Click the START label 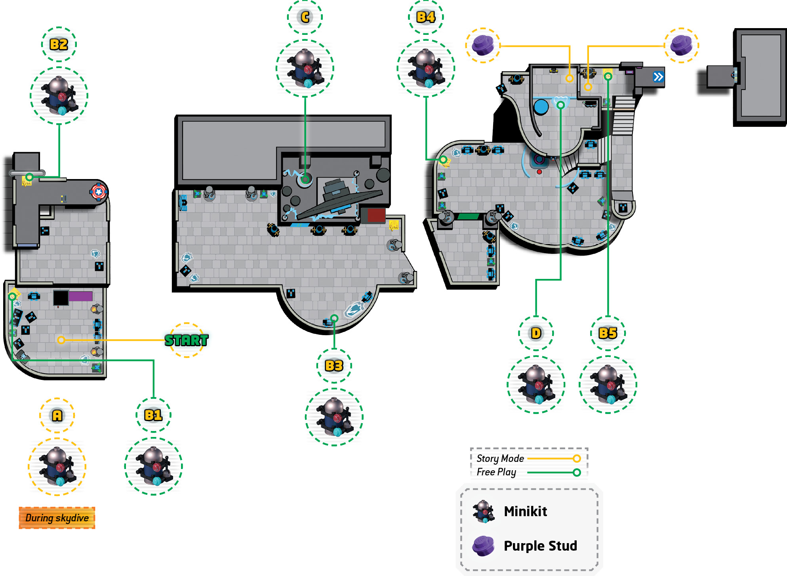pos(186,340)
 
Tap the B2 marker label pos(59,44)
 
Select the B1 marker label pos(153,415)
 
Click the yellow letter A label pos(57,415)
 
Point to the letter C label pos(305,17)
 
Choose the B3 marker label pos(334,366)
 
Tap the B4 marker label pos(426,17)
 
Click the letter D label pos(536,333)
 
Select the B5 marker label pos(608,333)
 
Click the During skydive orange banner pos(57,518)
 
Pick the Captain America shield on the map pos(99,192)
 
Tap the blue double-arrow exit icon pos(658,77)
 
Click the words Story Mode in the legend pos(500,458)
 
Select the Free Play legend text pos(496,472)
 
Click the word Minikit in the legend pos(525,511)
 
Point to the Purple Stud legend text pos(540,546)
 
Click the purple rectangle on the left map pos(80,296)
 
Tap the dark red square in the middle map pos(376,216)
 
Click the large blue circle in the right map pos(541,107)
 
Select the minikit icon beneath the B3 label pos(334,417)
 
